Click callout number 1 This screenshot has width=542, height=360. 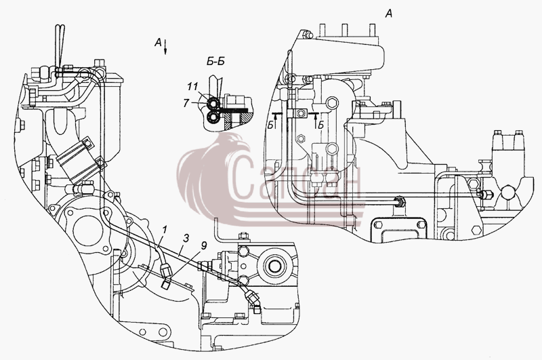165,230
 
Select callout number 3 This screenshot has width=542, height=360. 186,238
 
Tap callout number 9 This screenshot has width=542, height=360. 203,246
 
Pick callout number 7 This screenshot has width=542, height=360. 187,102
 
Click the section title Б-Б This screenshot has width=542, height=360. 215,62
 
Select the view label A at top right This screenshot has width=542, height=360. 388,14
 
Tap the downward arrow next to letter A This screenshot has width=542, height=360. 165,47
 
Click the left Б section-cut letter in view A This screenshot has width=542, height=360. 270,125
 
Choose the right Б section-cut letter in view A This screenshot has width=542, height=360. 320,125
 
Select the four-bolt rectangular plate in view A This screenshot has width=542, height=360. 398,228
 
